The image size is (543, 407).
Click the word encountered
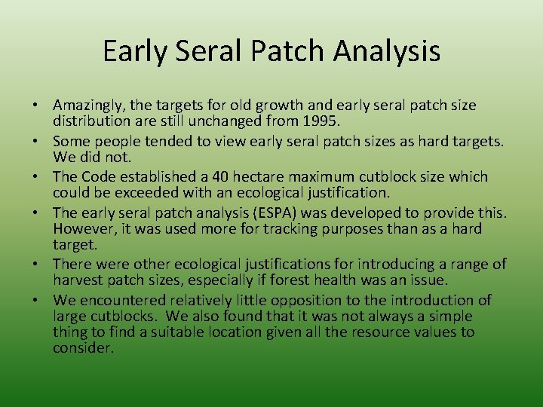pyautogui.click(x=118, y=300)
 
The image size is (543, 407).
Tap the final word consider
pyautogui.click(x=82, y=347)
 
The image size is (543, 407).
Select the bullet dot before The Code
pyautogui.click(x=44, y=177)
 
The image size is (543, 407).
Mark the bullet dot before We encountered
pyautogui.click(x=44, y=300)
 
